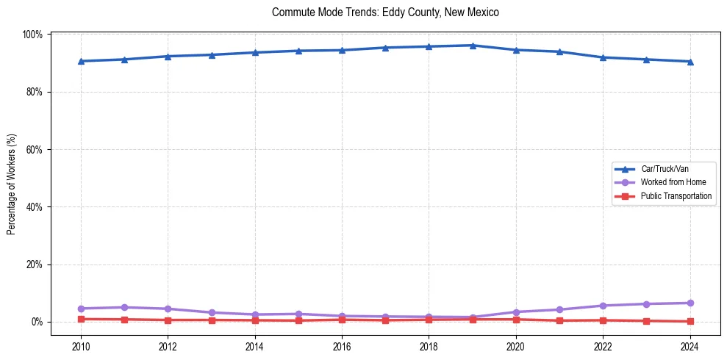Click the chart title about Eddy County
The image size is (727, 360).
(x=385, y=12)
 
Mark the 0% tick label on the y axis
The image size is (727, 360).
(x=37, y=322)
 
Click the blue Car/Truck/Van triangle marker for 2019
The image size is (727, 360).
(x=473, y=46)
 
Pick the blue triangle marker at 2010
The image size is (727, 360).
(x=81, y=61)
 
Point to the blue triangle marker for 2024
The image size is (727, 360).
(x=690, y=62)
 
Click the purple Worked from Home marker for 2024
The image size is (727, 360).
(x=690, y=303)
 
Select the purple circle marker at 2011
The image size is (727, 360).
(x=125, y=307)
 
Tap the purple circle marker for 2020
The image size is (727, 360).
(x=516, y=312)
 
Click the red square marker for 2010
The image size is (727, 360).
(x=81, y=319)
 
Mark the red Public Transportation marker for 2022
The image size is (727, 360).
(x=603, y=320)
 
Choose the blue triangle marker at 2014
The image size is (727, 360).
(x=255, y=52)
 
